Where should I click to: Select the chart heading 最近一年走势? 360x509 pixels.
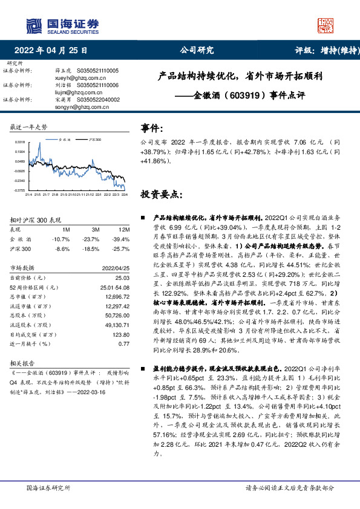tap(28, 127)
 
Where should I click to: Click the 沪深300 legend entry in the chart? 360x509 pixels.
tap(95, 139)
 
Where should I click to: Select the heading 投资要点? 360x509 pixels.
tap(161, 195)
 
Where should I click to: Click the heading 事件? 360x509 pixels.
tap(152, 128)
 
